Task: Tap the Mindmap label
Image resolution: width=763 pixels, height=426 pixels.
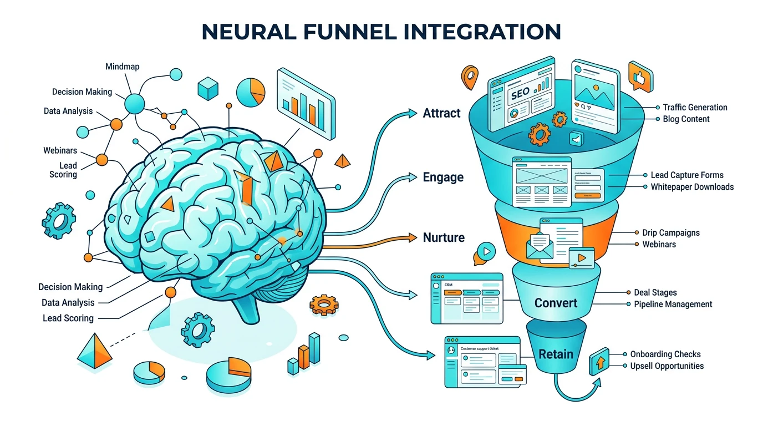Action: click(123, 67)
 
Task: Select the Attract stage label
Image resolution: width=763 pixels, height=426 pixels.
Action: click(441, 113)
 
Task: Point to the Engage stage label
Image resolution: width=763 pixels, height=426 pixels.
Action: click(443, 177)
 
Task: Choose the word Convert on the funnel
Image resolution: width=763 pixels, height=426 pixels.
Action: click(556, 303)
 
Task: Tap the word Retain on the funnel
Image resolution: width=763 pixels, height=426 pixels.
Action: click(556, 354)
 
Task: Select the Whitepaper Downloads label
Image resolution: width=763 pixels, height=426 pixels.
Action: click(692, 187)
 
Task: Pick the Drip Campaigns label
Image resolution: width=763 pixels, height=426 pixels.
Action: click(670, 232)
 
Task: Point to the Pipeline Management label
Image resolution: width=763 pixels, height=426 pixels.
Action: click(673, 304)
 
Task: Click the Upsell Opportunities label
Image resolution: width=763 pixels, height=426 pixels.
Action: click(667, 366)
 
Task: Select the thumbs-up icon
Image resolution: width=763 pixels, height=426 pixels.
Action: click(638, 77)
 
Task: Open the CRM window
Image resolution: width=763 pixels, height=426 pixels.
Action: click(466, 298)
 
